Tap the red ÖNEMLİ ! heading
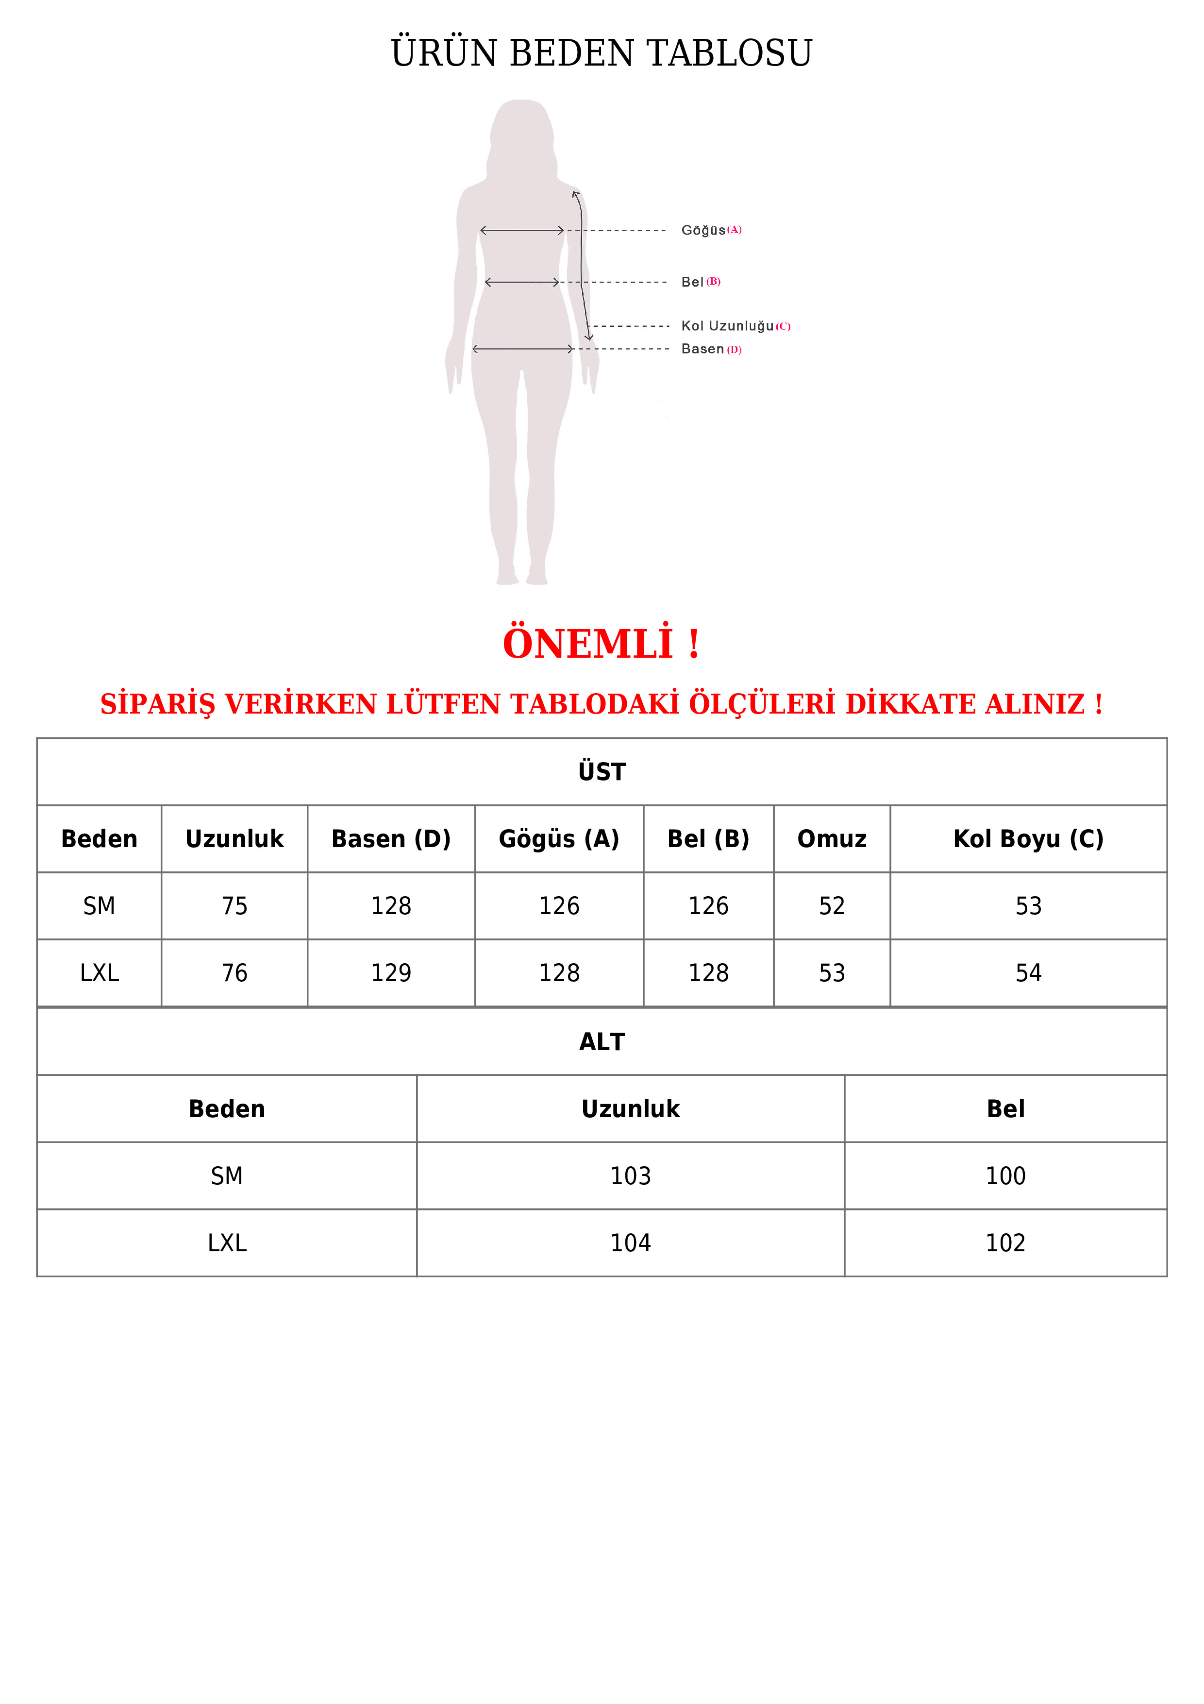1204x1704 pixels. [601, 644]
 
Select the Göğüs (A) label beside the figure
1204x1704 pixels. [711, 230]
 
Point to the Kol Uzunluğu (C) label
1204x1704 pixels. [735, 326]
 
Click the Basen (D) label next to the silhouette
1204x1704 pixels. [711, 349]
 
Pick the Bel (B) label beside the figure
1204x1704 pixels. [700, 282]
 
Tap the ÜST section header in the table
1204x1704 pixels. [602, 772]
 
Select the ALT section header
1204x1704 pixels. [602, 1042]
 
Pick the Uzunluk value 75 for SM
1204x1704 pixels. [234, 906]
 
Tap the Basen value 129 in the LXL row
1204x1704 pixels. [391, 973]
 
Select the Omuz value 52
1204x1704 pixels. [832, 906]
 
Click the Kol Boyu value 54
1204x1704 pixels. [1028, 973]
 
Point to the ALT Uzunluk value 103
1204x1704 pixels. [631, 1176]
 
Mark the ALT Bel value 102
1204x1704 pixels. [1005, 1243]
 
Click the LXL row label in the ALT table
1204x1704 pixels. [227, 1243]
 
